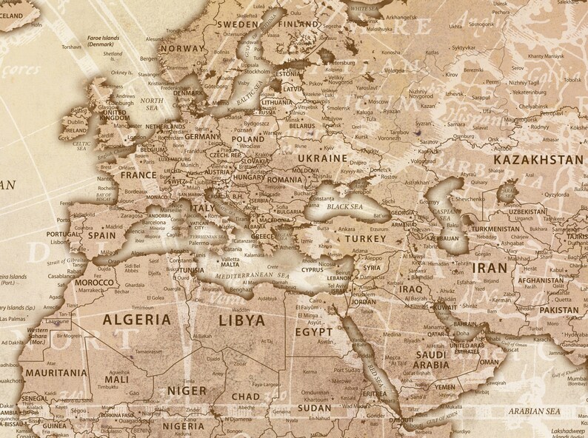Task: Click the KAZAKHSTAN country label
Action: [x=538, y=159]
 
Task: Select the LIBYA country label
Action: [x=242, y=320]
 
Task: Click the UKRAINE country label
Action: [x=321, y=158]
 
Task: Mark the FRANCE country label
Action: [x=138, y=176]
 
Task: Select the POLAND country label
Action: [x=247, y=138]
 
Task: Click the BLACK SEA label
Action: [x=346, y=207]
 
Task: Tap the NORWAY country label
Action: [x=181, y=49]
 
